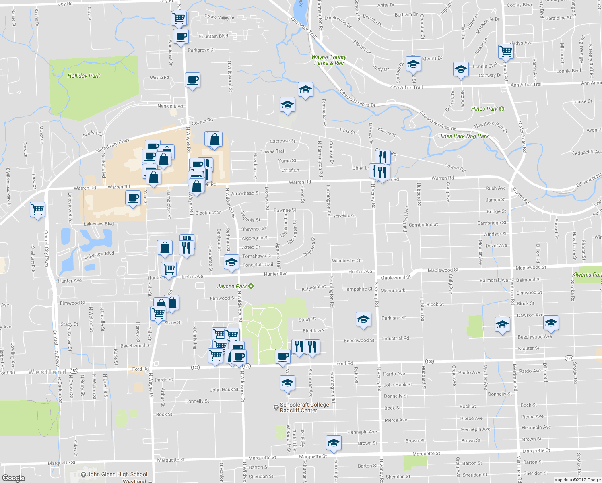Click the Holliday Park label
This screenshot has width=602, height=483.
click(x=83, y=76)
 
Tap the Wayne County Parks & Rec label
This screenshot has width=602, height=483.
click(x=329, y=60)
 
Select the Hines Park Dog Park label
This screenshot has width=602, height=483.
click(x=463, y=136)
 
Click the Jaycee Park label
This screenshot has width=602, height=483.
click(x=232, y=286)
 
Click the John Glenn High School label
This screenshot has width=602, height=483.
click(x=117, y=474)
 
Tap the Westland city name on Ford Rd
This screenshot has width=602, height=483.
click(x=47, y=372)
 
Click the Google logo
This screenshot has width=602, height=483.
click(x=14, y=478)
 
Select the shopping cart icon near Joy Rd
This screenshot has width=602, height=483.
click(x=179, y=18)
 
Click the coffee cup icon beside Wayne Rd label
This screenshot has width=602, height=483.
click(x=192, y=80)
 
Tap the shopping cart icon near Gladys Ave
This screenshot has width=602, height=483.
click(x=506, y=51)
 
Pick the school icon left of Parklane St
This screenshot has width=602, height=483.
click(x=363, y=320)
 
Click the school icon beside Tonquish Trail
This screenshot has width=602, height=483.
click(x=231, y=262)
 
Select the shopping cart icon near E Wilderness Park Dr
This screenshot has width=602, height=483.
click(x=38, y=209)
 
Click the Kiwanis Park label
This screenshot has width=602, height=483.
click(x=587, y=275)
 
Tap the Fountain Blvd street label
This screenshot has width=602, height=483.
click(x=213, y=36)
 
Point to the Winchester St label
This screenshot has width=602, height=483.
click(x=346, y=260)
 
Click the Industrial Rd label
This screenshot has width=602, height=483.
click(x=395, y=338)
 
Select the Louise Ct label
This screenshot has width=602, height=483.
click(x=582, y=101)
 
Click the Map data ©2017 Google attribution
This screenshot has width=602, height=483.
click(x=577, y=480)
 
